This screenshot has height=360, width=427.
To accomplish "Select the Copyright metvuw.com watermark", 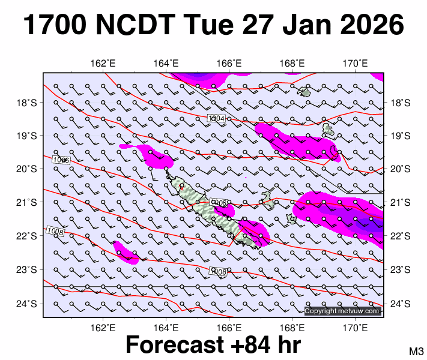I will (x=342, y=311).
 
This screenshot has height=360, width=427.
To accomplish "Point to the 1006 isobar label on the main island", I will (x=220, y=204).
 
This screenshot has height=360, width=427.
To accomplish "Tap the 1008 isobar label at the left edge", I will (x=55, y=231).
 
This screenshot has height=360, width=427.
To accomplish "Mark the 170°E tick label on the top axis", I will (x=356, y=64).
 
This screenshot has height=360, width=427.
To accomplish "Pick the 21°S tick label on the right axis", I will (x=399, y=203).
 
